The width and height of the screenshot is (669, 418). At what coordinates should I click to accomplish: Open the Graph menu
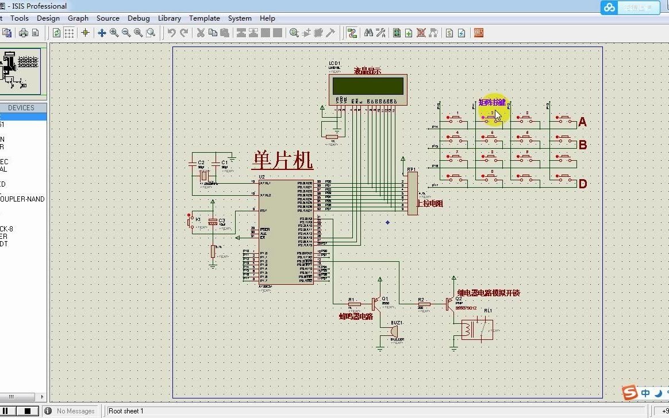(x=78, y=18)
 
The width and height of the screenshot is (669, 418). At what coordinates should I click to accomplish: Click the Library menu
(x=169, y=18)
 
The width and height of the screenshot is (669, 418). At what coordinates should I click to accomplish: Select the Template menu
(x=204, y=18)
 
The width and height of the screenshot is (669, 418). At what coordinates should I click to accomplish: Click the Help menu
(x=267, y=18)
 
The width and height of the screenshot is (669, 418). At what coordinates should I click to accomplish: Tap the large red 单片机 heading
(x=282, y=160)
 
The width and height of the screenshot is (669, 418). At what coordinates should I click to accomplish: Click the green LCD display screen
(x=369, y=86)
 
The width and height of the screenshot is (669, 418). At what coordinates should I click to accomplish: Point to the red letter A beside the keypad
(x=582, y=122)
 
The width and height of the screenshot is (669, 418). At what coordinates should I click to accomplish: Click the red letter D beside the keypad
(x=582, y=184)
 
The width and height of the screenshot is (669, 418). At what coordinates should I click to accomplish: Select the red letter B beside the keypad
(x=582, y=145)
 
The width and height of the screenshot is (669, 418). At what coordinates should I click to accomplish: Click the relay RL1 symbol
(x=476, y=330)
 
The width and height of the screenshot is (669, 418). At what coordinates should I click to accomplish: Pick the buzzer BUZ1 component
(x=395, y=331)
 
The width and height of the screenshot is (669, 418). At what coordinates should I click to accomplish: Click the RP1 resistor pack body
(x=412, y=193)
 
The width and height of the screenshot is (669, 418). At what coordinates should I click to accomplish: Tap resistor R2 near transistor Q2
(x=424, y=304)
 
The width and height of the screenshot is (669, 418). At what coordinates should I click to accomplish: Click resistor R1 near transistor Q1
(x=355, y=304)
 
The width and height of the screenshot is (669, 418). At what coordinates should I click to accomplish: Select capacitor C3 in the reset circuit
(x=213, y=222)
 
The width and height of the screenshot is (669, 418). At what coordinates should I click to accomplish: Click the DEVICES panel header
(x=21, y=108)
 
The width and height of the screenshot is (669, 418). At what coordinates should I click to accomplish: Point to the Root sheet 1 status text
(x=126, y=411)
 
